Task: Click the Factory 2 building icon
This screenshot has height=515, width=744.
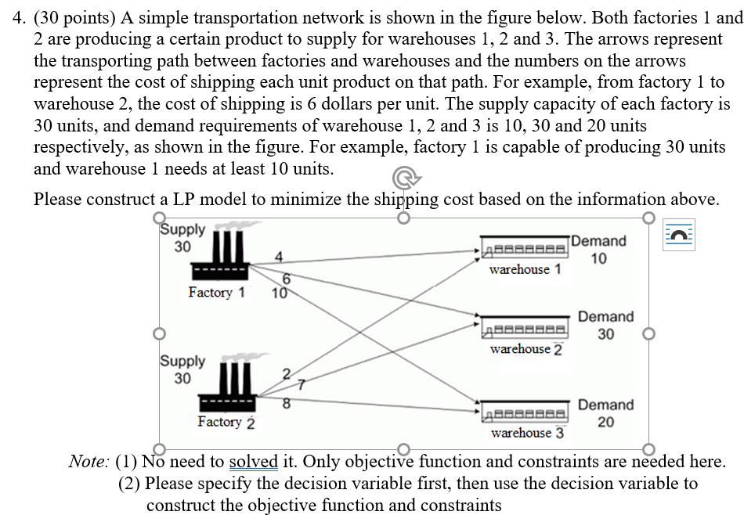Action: pyautogui.click(x=226, y=387)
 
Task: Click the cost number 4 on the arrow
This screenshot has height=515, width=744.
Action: pyautogui.click(x=279, y=255)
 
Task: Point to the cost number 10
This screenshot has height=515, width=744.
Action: pyautogui.click(x=278, y=294)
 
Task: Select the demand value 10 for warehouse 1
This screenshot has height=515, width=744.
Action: pyautogui.click(x=598, y=258)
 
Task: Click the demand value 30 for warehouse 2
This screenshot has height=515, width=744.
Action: pyautogui.click(x=605, y=334)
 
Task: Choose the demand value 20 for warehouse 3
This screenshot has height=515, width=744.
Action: pyautogui.click(x=605, y=423)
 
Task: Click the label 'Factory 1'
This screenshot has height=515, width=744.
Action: pyautogui.click(x=216, y=293)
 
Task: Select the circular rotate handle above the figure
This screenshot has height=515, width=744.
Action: pyautogui.click(x=402, y=185)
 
